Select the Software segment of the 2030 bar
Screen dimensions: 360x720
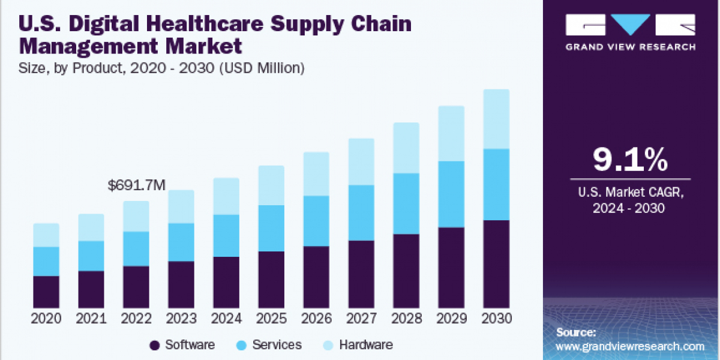(496, 264)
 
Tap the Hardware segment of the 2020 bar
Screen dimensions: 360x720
(46, 235)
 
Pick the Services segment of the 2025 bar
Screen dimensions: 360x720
(271, 228)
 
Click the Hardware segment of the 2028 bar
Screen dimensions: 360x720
(406, 148)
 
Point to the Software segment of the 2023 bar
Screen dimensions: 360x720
(181, 284)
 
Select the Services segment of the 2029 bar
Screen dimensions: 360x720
(451, 194)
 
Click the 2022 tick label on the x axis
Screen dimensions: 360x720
(136, 319)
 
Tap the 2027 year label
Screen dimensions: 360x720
(361, 319)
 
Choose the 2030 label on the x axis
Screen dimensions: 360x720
(496, 319)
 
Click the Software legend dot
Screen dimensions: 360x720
(154, 345)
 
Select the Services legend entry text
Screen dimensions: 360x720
(277, 345)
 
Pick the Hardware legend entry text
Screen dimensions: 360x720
(365, 345)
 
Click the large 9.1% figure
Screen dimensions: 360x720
(630, 160)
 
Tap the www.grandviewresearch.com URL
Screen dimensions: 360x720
(630, 346)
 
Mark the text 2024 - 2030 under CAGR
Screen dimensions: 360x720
(630, 208)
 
